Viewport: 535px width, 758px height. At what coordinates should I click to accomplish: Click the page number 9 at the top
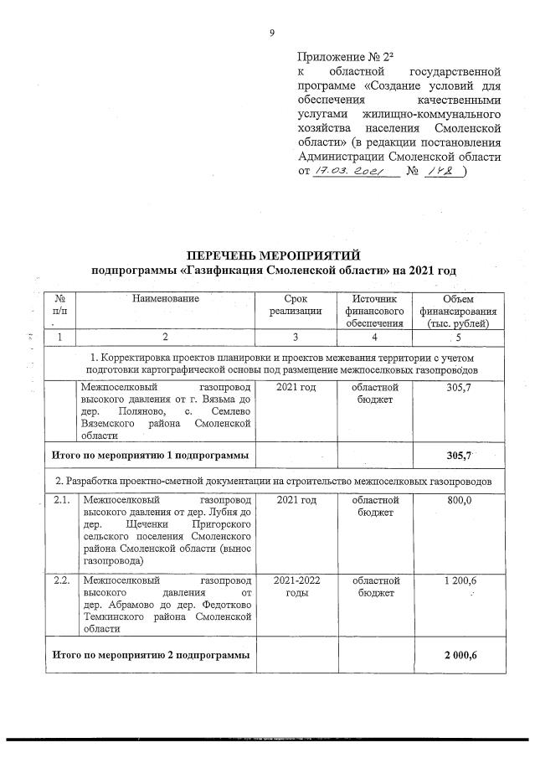(271, 33)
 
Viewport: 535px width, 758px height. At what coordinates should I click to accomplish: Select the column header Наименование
(166, 299)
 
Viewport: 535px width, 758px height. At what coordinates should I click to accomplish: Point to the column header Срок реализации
(295, 305)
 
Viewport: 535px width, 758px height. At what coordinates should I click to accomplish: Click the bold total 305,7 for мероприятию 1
(461, 453)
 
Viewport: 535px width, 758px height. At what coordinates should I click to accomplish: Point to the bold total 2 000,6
(461, 654)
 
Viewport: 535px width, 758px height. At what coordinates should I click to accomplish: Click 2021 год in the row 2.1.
(295, 499)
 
